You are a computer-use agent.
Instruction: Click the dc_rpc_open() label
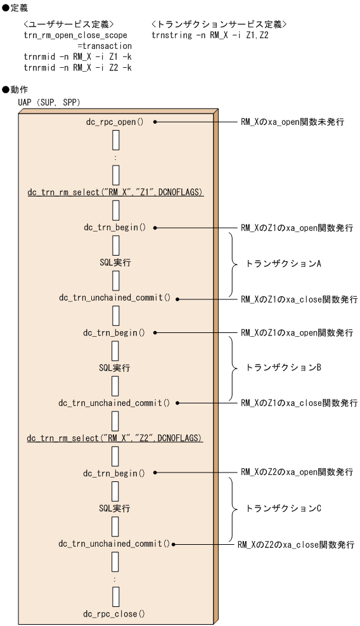click(115, 121)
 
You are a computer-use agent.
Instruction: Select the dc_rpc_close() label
click(114, 613)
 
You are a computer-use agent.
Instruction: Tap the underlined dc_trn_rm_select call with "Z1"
click(115, 192)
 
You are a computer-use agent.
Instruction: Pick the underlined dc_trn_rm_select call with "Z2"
click(115, 438)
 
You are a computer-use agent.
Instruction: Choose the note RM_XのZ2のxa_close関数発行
click(295, 544)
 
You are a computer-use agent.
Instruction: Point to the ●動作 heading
click(15, 89)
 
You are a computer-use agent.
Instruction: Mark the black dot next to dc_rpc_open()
click(155, 121)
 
